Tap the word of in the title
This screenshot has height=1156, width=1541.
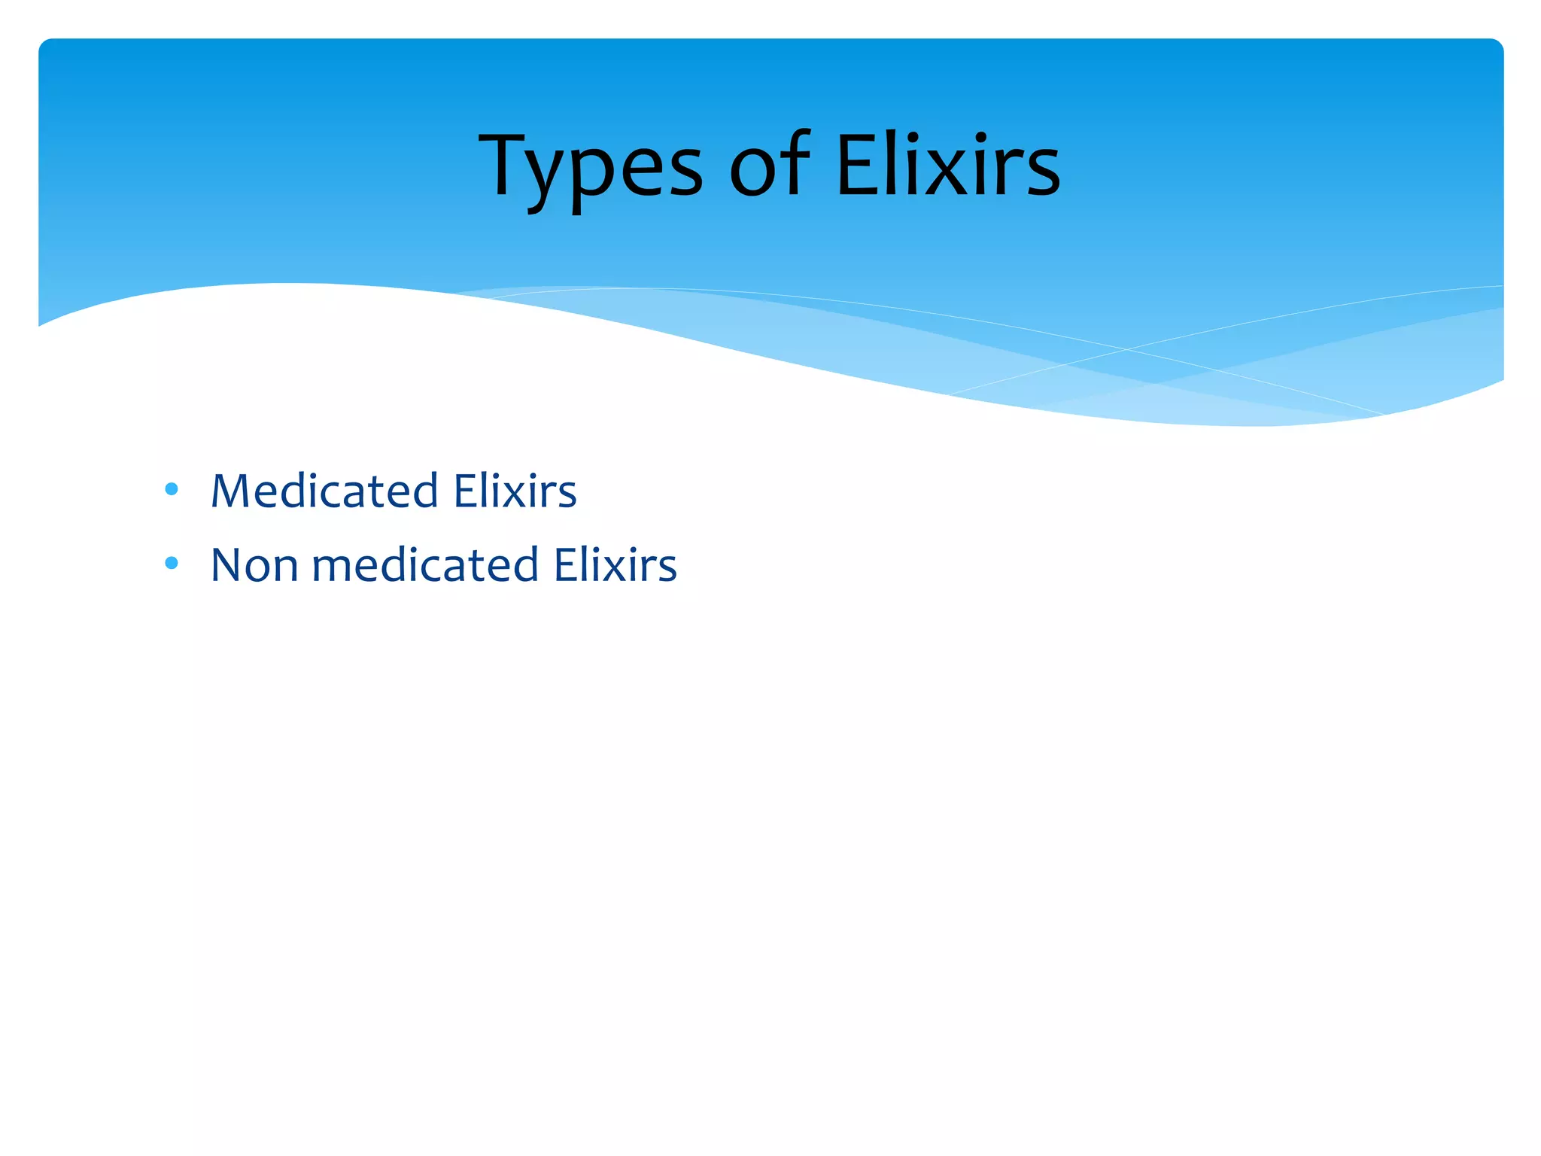coord(770,166)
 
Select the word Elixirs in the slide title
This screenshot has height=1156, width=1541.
coord(948,166)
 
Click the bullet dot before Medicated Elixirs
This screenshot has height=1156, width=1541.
coord(172,489)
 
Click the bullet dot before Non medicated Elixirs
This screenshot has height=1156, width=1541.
coord(172,563)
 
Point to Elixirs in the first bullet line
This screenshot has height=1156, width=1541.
coord(515,491)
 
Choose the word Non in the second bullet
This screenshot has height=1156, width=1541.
coord(254,564)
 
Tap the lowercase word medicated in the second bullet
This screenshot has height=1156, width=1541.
coord(426,564)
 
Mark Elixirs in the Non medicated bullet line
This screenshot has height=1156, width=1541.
coord(615,564)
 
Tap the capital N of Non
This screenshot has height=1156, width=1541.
coord(226,564)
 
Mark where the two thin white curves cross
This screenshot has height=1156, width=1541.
coord(1126,349)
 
